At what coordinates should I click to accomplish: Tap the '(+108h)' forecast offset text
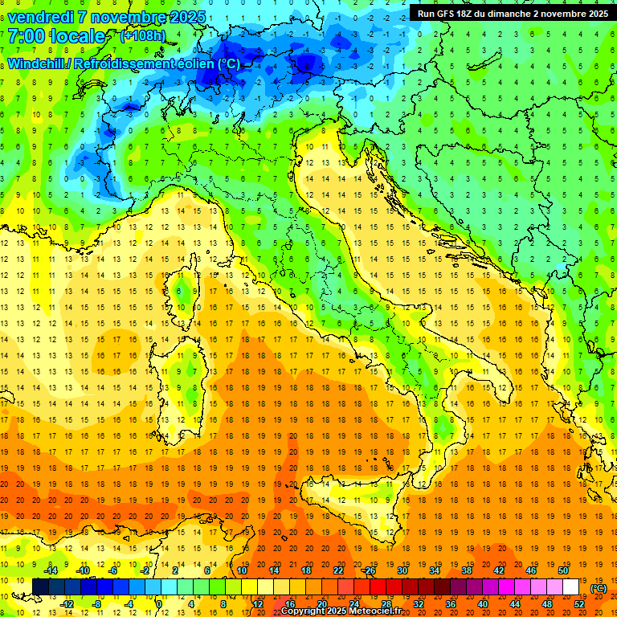[x=143, y=35]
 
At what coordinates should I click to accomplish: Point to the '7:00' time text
[x=25, y=36]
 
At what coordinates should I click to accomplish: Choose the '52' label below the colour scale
[x=579, y=604]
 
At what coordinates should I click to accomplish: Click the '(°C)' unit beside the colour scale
[x=598, y=588]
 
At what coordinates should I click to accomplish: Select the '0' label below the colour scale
[x=160, y=604]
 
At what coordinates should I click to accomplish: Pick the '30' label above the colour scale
[x=402, y=570]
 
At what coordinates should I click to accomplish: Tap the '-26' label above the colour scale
[x=369, y=570]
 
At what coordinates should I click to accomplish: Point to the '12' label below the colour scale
[x=258, y=604]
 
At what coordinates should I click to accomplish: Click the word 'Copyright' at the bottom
[x=306, y=611]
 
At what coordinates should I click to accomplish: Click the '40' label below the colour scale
[x=483, y=604]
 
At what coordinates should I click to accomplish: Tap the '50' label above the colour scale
[x=562, y=570]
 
